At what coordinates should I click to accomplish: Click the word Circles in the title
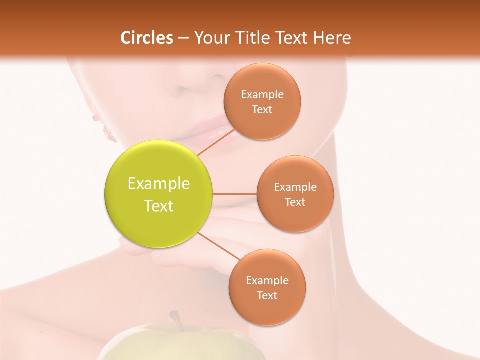click(x=147, y=38)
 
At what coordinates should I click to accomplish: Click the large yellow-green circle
click(x=159, y=194)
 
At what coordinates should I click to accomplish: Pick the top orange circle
click(x=262, y=101)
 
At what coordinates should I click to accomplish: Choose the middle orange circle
click(x=295, y=194)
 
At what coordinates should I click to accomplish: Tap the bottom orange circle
click(x=267, y=287)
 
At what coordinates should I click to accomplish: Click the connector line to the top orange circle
click(x=215, y=143)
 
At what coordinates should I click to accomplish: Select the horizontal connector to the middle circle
click(x=234, y=194)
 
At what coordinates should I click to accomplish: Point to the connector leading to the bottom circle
click(x=219, y=246)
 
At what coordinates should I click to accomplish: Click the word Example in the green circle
click(x=159, y=184)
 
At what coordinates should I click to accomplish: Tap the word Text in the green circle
click(x=159, y=206)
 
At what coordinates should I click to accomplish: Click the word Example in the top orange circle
click(x=262, y=95)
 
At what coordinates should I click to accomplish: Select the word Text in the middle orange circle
click(x=295, y=202)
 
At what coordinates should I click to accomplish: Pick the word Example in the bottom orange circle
click(x=267, y=281)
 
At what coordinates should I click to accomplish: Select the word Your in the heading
click(x=209, y=38)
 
